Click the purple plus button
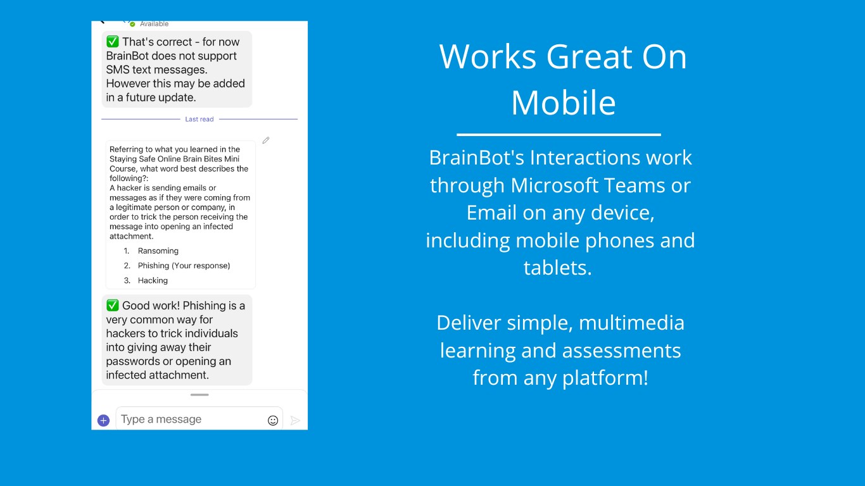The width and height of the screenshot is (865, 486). pos(103,420)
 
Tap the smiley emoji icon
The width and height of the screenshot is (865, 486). pos(273,420)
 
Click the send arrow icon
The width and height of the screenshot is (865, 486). pos(295,420)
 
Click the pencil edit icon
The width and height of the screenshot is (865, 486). pos(266,140)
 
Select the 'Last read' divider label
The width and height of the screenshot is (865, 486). pos(199,119)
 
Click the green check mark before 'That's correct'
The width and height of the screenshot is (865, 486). pos(112,41)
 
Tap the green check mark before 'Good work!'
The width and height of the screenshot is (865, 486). pos(112,306)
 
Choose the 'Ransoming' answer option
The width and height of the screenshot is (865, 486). pos(158,251)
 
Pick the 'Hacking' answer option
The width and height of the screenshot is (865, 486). pos(153,280)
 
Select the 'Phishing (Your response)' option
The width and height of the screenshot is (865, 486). pos(184,266)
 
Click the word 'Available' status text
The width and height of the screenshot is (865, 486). pos(154,24)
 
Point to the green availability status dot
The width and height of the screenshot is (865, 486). pos(132,24)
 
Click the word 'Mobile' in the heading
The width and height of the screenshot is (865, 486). pos(564,103)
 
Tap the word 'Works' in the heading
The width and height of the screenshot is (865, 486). pos(488,57)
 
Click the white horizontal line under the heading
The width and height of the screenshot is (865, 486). pos(559,135)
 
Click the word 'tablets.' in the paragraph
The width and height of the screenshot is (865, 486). pos(558,268)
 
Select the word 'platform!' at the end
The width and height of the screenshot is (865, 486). pos(605,378)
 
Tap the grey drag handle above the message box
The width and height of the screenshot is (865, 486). pos(199,395)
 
